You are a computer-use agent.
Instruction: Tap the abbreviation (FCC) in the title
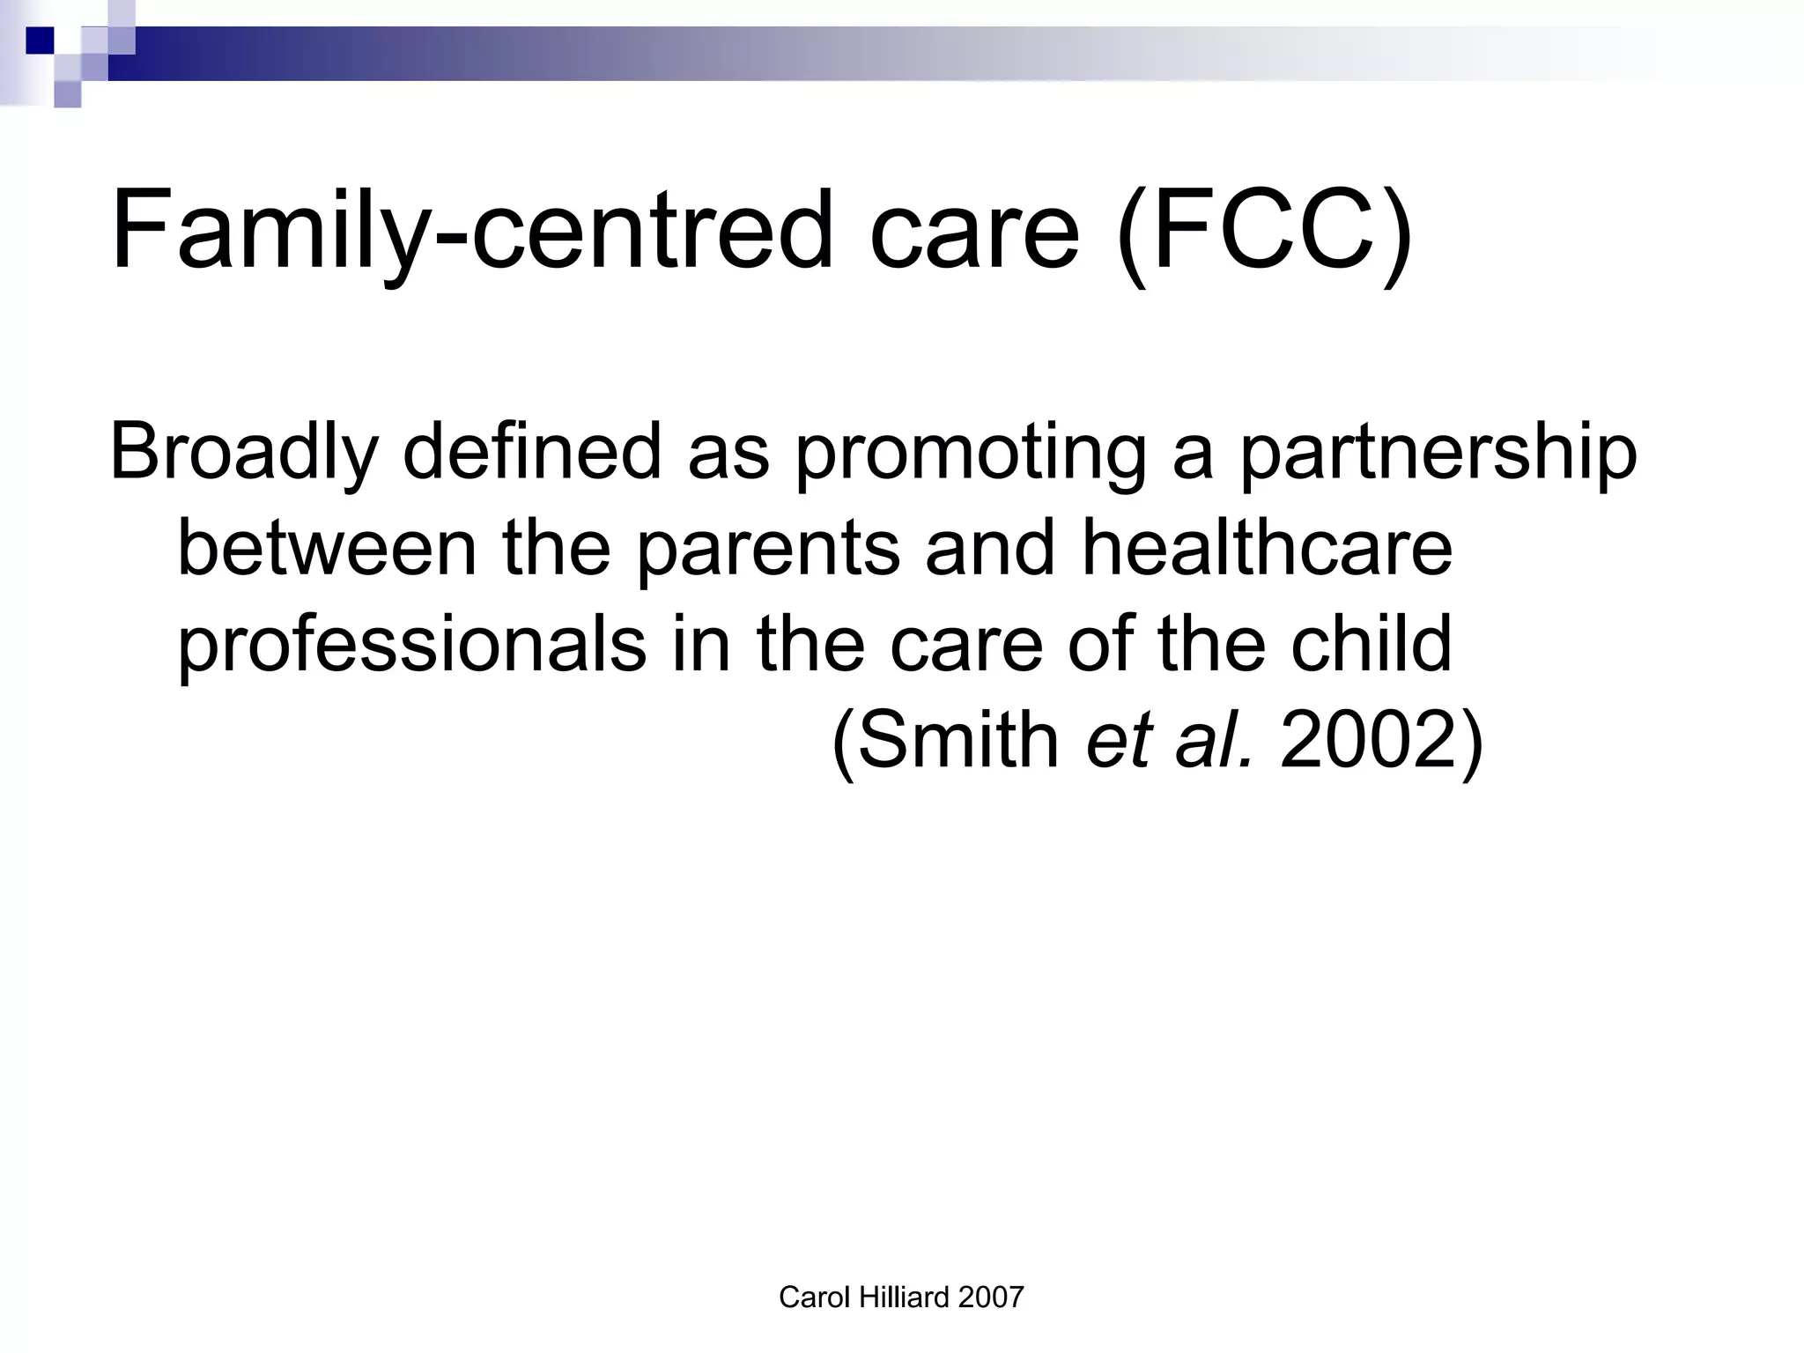1264,231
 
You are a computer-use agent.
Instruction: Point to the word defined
531,453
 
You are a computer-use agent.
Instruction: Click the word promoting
970,453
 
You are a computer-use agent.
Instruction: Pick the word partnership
1438,453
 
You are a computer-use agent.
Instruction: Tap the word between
327,548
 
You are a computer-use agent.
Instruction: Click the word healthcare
1267,548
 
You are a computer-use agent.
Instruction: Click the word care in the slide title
974,231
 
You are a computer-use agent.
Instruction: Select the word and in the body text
990,548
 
